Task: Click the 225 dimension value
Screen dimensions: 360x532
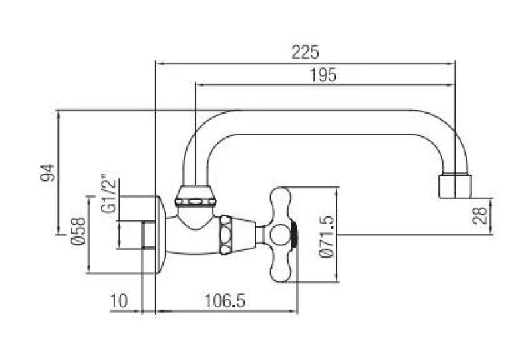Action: (305, 51)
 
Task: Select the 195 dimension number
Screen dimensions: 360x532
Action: (323, 75)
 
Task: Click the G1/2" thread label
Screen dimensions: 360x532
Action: (108, 194)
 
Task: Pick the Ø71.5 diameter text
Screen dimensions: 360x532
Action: (326, 236)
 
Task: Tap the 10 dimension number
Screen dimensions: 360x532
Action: (119, 301)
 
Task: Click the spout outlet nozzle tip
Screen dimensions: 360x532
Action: (456, 186)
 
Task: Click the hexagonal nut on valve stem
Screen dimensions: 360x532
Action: (226, 234)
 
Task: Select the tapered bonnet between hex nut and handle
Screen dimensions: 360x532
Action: (245, 234)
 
